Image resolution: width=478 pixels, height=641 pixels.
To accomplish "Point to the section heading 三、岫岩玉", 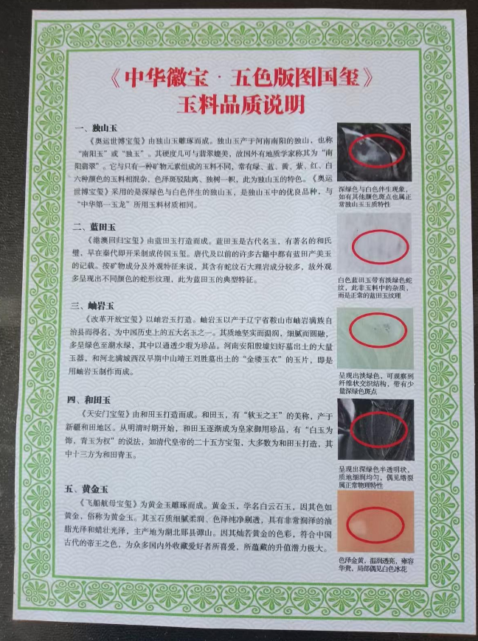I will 97,305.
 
